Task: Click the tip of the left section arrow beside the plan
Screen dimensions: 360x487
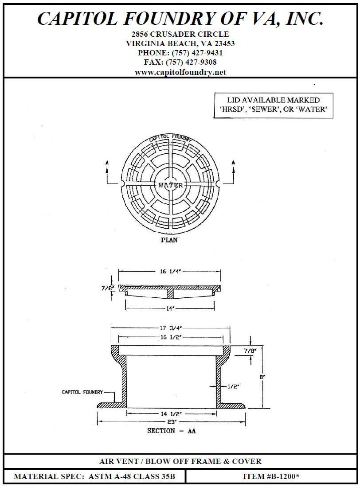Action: (107, 167)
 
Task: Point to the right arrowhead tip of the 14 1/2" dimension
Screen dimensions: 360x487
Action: (216, 413)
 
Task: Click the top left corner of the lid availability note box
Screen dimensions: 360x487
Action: (214, 93)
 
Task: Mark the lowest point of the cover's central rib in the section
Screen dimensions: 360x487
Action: (171, 296)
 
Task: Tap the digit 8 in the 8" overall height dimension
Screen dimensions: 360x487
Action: (261, 377)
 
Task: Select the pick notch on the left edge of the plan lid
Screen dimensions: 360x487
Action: (122, 184)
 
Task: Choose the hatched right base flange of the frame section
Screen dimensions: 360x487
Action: (231, 405)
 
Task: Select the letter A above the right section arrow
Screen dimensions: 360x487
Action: (233, 163)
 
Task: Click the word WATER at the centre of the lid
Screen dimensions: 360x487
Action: (171, 185)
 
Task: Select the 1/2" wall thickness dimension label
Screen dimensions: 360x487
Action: (233, 386)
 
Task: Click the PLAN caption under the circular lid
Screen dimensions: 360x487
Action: (169, 240)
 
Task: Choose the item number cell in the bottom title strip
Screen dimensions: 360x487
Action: (271, 476)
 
